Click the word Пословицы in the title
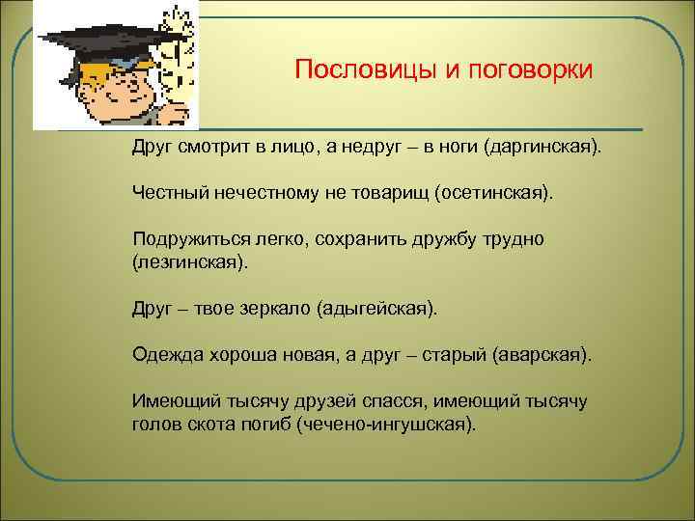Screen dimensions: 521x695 [x=352, y=71]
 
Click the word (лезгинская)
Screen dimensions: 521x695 [x=189, y=261]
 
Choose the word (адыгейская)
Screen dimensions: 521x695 [x=377, y=309]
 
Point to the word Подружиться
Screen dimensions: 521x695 [x=190, y=237]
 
